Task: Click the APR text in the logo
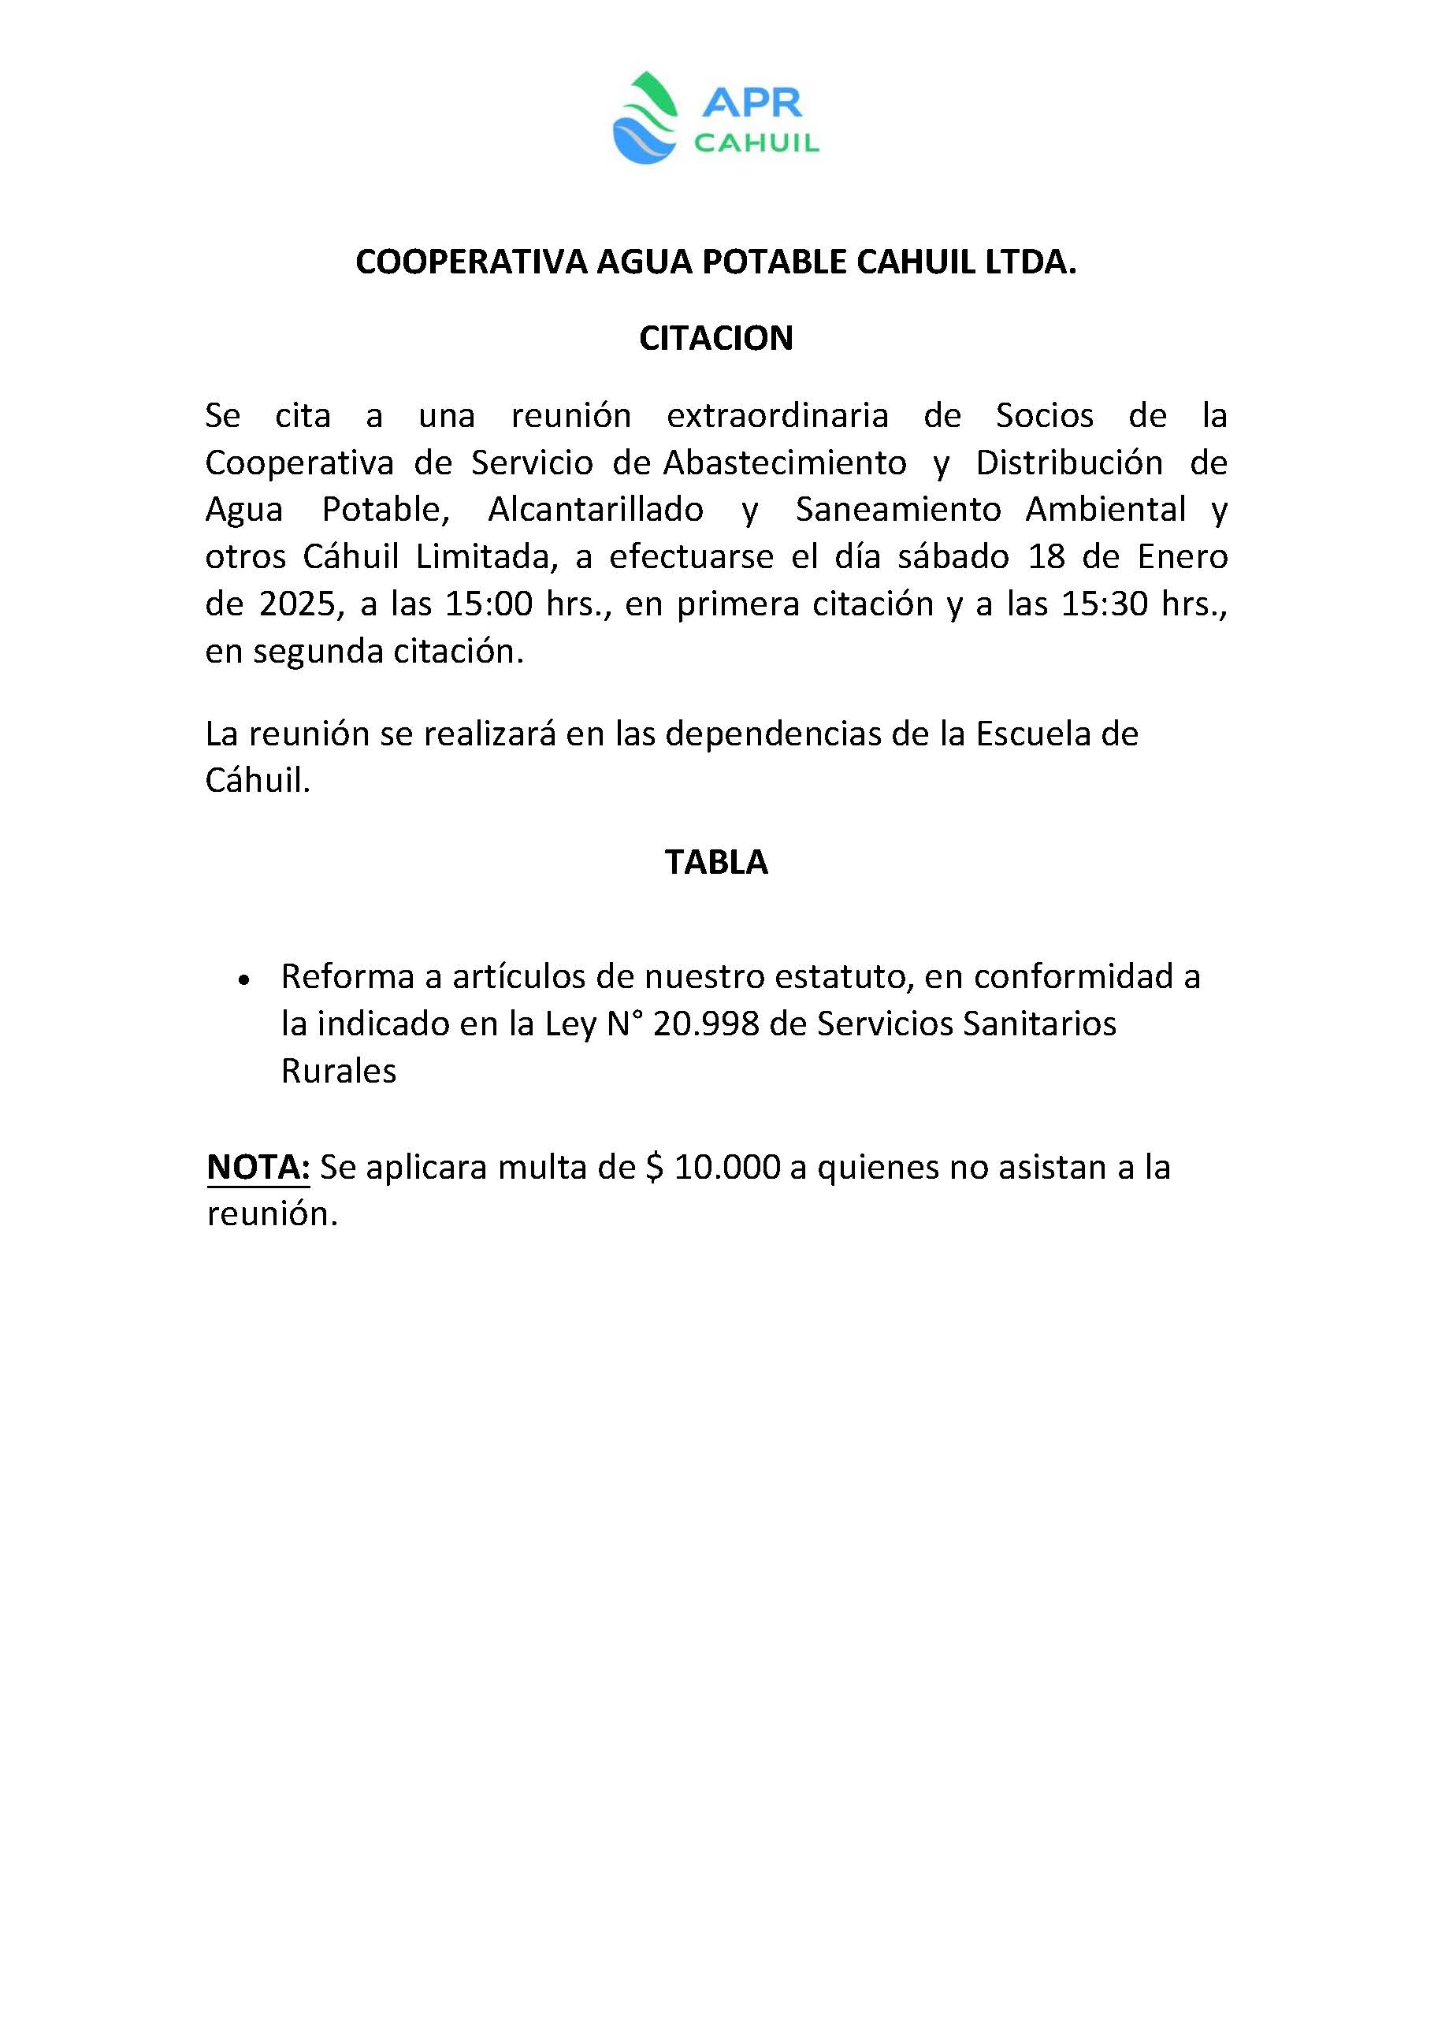[751, 103]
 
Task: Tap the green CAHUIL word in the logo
[756, 143]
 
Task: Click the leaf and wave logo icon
[645, 118]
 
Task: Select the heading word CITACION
[715, 338]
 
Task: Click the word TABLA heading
[715, 862]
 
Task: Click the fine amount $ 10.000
[713, 1167]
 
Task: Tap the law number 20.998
[706, 1024]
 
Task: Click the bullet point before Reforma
[243, 979]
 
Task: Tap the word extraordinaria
[777, 415]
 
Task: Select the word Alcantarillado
[595, 509]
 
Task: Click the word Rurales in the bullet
[338, 1072]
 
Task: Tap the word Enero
[1182, 557]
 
